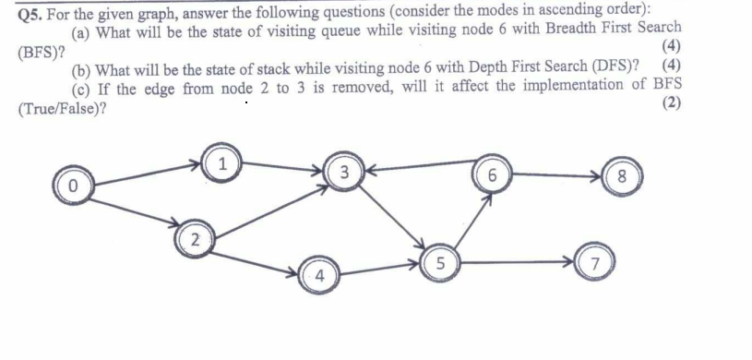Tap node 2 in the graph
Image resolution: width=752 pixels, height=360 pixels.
(x=192, y=240)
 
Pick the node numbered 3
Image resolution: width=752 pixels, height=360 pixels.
(x=343, y=172)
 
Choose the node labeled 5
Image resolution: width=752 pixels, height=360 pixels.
(x=443, y=262)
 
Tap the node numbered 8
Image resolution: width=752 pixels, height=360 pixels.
(x=620, y=175)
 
